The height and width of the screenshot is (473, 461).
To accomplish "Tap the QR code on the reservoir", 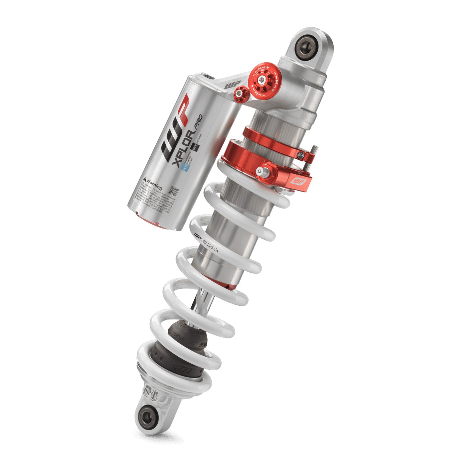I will tap(174, 191).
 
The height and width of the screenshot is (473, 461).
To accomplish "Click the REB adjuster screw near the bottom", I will tap(148, 391).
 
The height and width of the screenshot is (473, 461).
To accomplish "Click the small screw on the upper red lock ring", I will tap(301, 155).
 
